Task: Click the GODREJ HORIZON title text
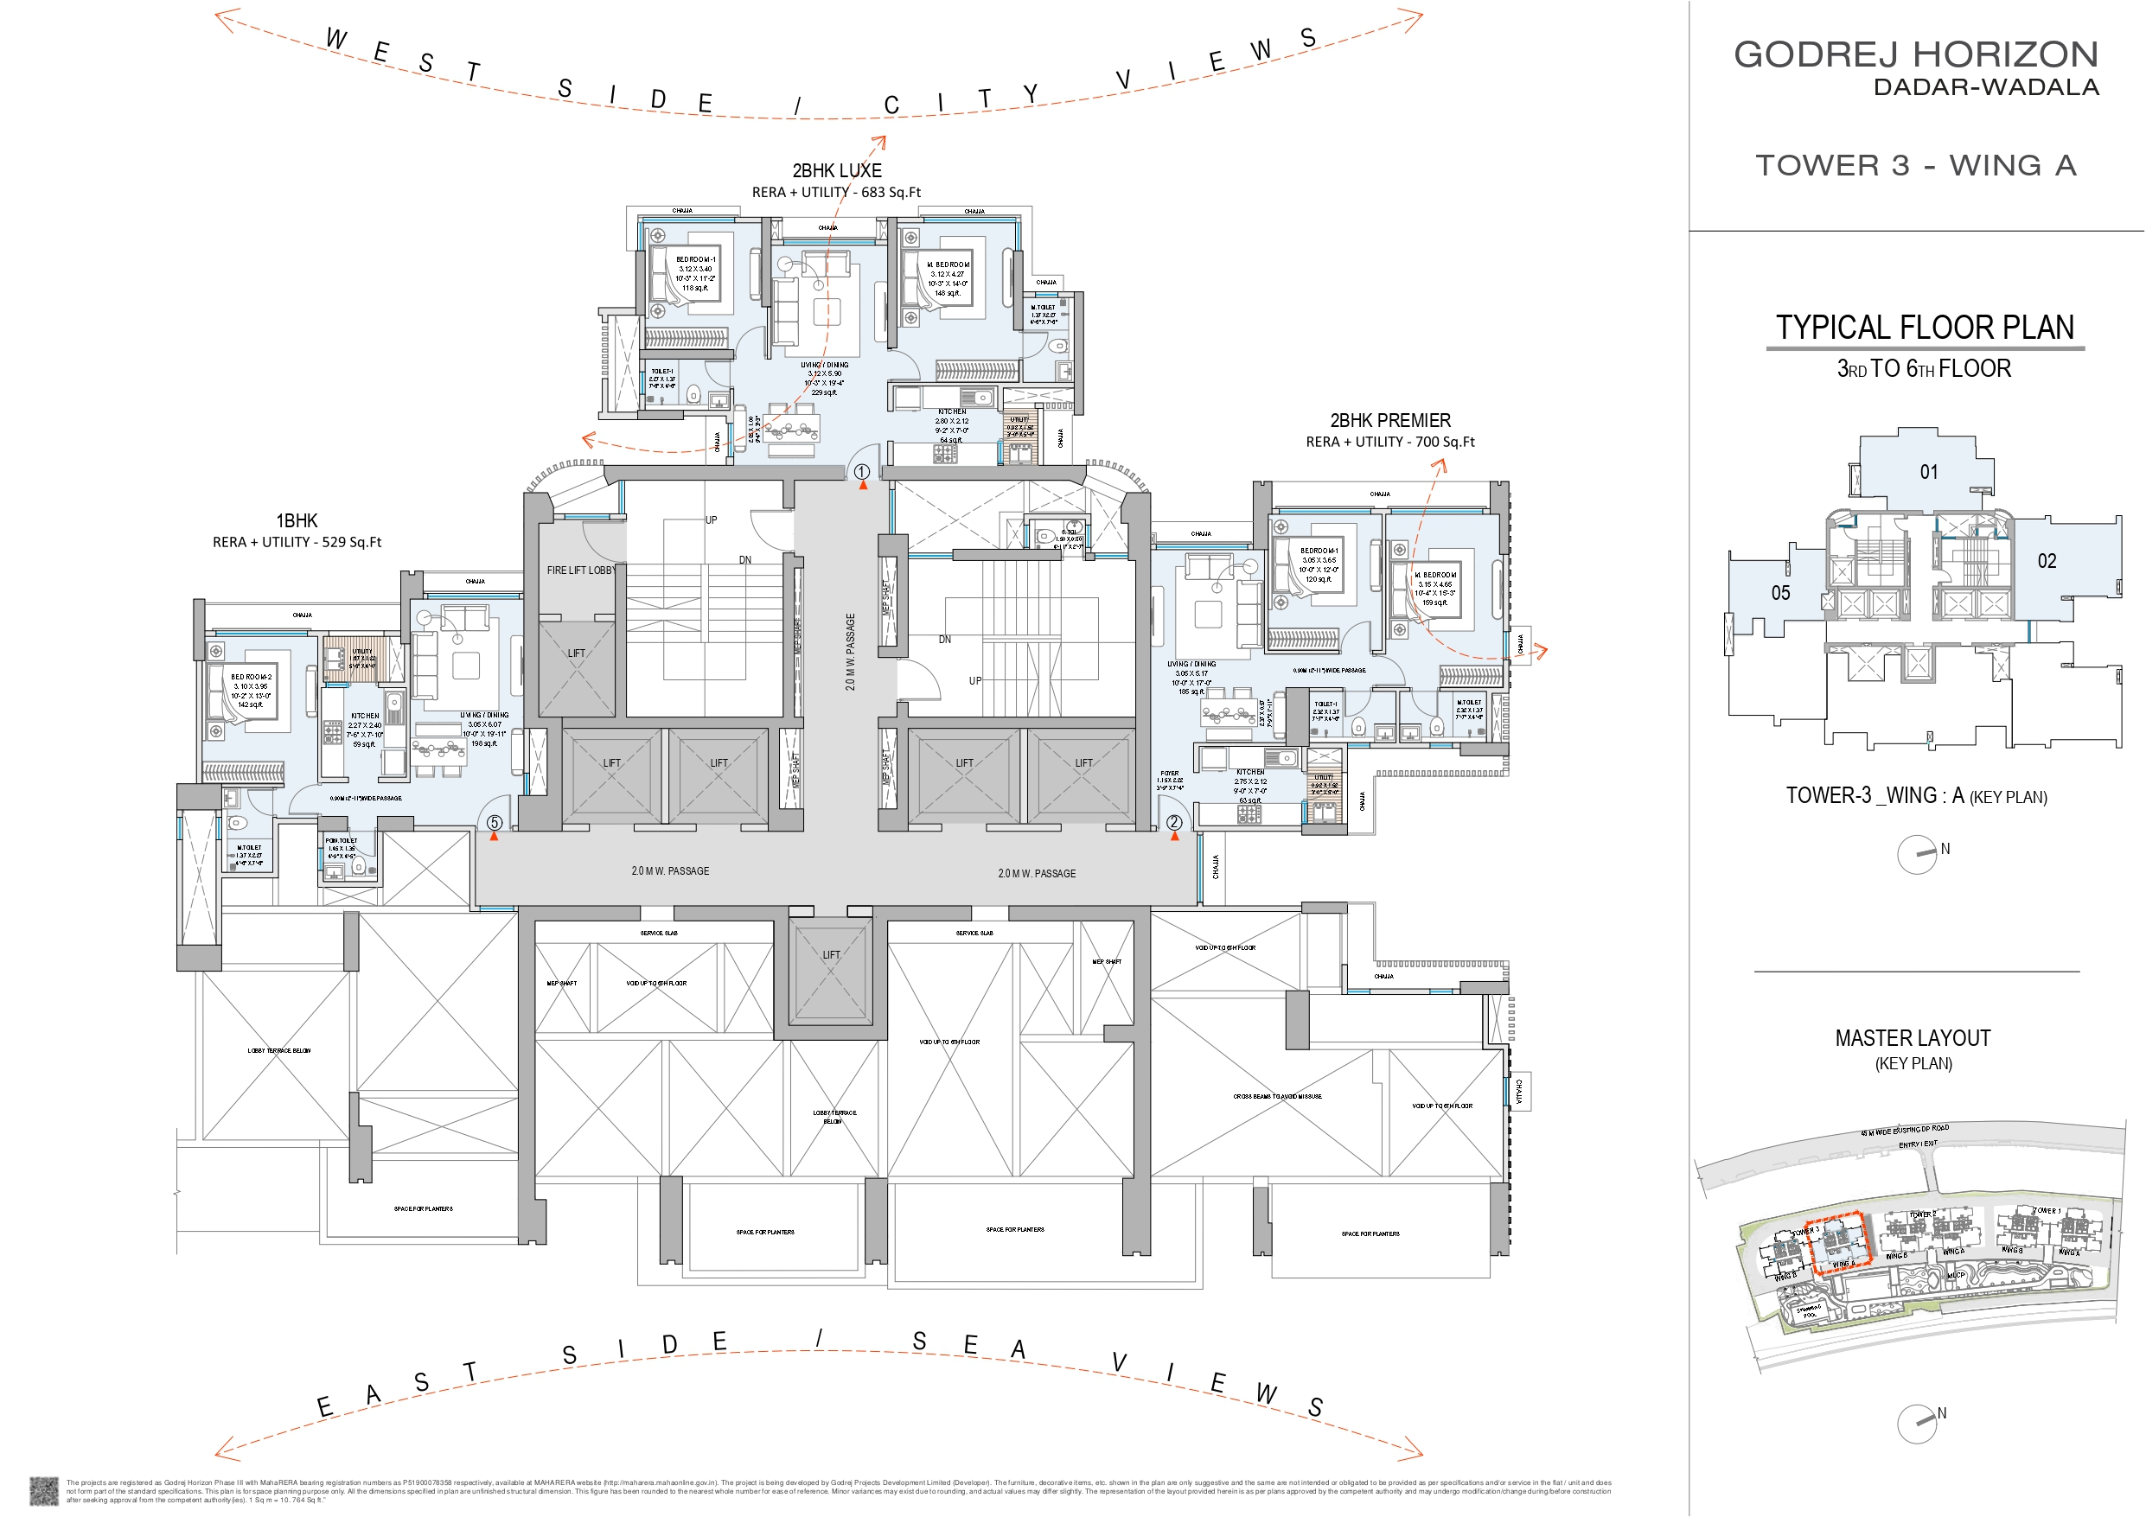point(1915,54)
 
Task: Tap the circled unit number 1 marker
point(862,472)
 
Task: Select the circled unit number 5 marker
point(495,823)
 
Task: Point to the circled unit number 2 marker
point(1174,823)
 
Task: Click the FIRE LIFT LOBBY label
point(580,570)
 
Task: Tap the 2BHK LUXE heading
point(837,171)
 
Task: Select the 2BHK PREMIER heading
point(1389,421)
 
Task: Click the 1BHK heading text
point(297,520)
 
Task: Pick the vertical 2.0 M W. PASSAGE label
point(850,652)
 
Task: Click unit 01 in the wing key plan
point(1928,472)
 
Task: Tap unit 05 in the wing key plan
point(1780,593)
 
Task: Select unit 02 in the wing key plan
point(2047,561)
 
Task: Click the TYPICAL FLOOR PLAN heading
point(1925,328)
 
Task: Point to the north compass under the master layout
point(1917,1424)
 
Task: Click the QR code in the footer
point(44,1490)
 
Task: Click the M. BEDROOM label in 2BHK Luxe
point(948,265)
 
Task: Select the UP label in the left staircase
point(712,519)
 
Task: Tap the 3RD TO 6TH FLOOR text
point(1924,368)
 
